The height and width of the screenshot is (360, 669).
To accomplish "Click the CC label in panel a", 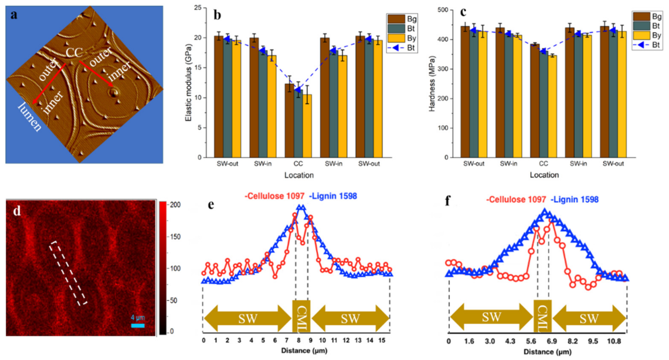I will (x=74, y=52).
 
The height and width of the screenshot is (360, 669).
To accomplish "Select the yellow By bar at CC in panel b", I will (x=307, y=126).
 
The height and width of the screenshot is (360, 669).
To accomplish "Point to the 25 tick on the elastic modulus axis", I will (x=198, y=8).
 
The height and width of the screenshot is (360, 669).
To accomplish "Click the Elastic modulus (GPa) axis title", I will (x=188, y=83).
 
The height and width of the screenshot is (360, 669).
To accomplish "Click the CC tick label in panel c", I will (x=543, y=164).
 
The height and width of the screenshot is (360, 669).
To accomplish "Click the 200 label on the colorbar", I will (x=175, y=205).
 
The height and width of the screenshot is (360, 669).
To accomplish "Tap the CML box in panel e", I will (x=301, y=316).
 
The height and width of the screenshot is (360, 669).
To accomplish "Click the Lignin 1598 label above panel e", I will (x=333, y=196).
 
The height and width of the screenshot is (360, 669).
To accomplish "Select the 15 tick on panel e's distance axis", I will (x=382, y=340).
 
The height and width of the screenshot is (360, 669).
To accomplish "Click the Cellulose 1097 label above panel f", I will (x=516, y=200).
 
